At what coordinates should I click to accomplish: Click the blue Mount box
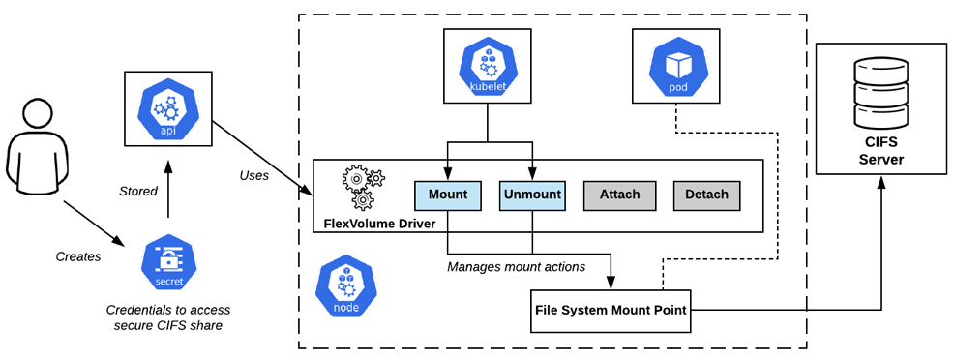point(448,195)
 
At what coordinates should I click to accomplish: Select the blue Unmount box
point(532,195)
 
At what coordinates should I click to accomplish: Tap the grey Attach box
point(620,195)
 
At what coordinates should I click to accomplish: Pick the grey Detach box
point(706,195)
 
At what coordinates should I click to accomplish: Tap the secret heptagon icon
point(168,264)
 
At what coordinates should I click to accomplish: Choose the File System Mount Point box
point(611,311)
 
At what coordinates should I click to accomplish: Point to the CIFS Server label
point(881,152)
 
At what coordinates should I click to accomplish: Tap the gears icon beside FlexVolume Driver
point(364,186)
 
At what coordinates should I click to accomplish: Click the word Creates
point(78,256)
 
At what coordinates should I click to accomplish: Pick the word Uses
point(254,176)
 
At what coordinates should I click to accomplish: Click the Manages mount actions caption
point(517,266)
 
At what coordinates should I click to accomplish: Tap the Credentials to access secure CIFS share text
point(168,318)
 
